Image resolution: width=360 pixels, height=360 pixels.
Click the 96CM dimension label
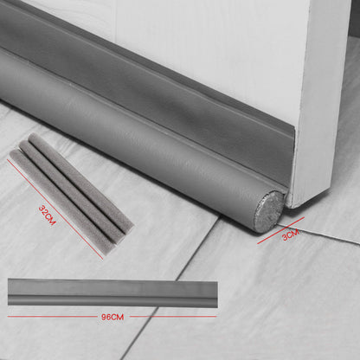[112, 317]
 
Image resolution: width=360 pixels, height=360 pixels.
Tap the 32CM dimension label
[47, 215]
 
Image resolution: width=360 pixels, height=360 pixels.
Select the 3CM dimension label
[291, 235]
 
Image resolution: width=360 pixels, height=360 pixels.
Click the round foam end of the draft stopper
[268, 211]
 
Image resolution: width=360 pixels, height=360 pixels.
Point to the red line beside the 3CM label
[280, 230]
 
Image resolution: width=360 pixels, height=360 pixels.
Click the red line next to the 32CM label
[55, 209]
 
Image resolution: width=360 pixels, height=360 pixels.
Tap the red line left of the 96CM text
[53, 317]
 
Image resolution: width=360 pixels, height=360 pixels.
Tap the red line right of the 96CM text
[173, 317]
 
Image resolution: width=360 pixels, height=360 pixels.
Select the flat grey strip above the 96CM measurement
[112, 292]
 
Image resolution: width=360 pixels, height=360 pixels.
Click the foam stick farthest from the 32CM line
[81, 183]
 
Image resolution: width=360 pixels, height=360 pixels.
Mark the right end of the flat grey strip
[217, 293]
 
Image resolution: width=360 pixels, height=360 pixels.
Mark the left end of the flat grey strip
[9, 292]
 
